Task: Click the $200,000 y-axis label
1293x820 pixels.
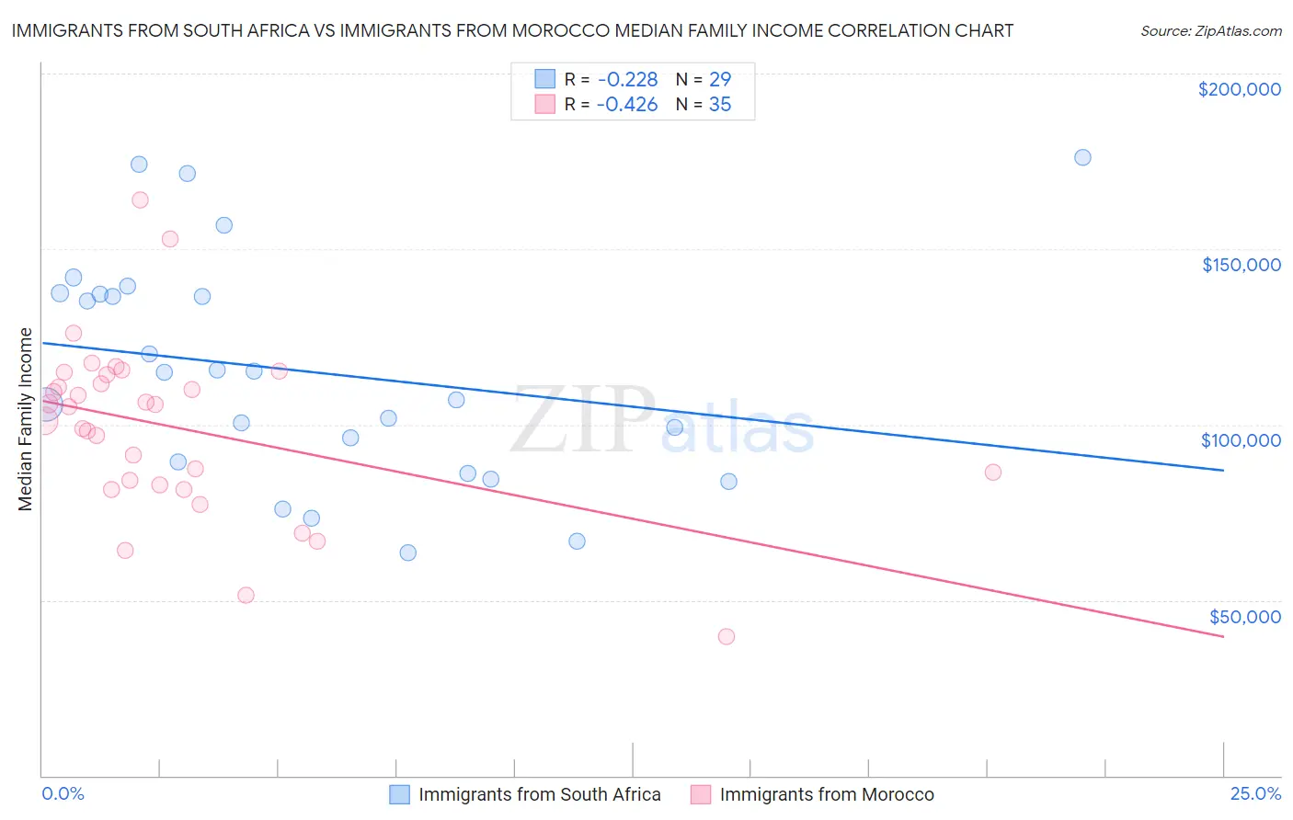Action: (x=1239, y=89)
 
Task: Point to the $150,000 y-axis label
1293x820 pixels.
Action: (x=1241, y=265)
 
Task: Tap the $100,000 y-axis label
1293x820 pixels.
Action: (x=1241, y=440)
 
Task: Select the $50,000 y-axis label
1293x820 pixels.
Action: (x=1244, y=616)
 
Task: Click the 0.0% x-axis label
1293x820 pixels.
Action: (x=63, y=793)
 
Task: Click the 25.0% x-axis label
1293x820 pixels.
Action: (x=1255, y=793)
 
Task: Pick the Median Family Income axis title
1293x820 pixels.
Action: (x=26, y=419)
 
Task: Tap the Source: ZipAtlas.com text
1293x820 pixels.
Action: (x=1210, y=30)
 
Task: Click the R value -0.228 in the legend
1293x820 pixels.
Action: (x=627, y=80)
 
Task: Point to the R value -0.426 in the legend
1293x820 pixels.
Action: (x=627, y=105)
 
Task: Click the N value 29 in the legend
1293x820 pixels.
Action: (x=720, y=80)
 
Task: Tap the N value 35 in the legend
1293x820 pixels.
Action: (x=720, y=105)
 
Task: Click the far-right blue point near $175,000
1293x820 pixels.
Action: (x=1082, y=157)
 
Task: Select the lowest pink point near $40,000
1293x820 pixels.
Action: (x=727, y=636)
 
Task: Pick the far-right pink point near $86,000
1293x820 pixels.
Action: (x=993, y=473)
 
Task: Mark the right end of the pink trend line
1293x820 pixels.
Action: (x=1223, y=636)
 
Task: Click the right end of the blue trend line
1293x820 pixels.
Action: (x=1223, y=470)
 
